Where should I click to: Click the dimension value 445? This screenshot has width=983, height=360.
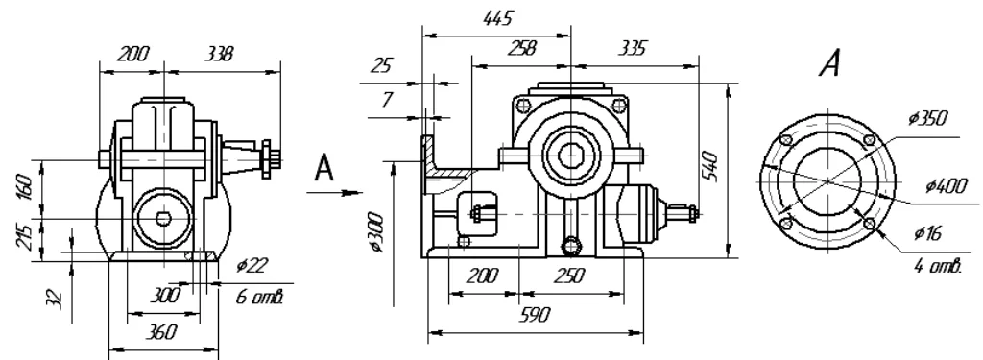[498, 18]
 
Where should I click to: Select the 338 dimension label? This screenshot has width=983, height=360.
[219, 54]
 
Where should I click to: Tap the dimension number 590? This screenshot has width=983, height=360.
[536, 314]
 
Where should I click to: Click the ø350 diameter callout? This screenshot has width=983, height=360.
[928, 118]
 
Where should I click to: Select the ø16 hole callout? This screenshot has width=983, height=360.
[928, 233]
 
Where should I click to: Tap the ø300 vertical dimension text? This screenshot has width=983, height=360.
[376, 232]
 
